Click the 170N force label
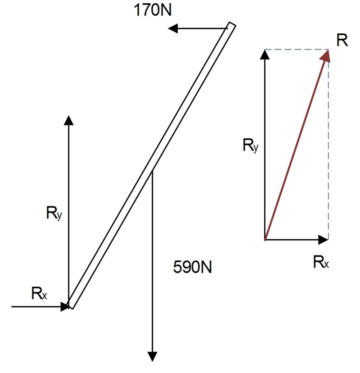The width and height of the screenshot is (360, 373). tap(152, 10)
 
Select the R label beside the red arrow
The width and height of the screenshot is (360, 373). tap(342, 41)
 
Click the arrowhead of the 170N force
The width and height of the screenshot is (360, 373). tap(172, 29)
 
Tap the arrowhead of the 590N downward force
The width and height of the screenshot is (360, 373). tap(153, 357)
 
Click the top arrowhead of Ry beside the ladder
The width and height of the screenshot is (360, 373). tap(68, 119)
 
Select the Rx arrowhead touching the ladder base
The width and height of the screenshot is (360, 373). tap(64, 306)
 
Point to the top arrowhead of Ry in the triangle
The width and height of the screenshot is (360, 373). tap(265, 54)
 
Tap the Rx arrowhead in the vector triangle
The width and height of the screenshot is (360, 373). tap(324, 240)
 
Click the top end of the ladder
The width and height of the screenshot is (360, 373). tap(232, 25)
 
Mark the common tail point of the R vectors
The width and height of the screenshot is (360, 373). tap(265, 240)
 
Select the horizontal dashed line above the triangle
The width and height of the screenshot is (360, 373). tap(297, 50)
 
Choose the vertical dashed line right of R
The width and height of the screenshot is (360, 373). tap(328, 149)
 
